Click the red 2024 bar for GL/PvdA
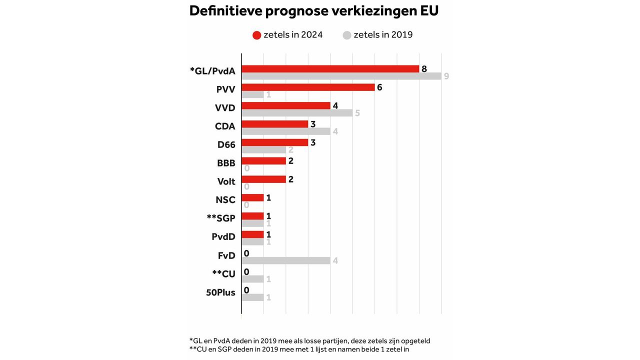(x=330, y=69)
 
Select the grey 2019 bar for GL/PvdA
(x=341, y=76)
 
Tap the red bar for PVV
(x=308, y=87)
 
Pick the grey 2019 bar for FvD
(x=285, y=260)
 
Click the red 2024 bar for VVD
(x=285, y=106)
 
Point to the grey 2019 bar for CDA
(x=285, y=131)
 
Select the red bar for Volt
(x=263, y=179)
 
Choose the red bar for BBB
(x=263, y=161)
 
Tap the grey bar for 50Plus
(x=252, y=297)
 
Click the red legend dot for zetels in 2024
(x=257, y=35)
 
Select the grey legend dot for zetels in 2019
(x=347, y=35)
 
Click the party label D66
(x=226, y=145)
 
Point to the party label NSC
(x=225, y=200)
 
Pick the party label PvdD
(x=223, y=237)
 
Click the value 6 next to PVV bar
(x=379, y=87)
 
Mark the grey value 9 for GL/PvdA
(x=446, y=76)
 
